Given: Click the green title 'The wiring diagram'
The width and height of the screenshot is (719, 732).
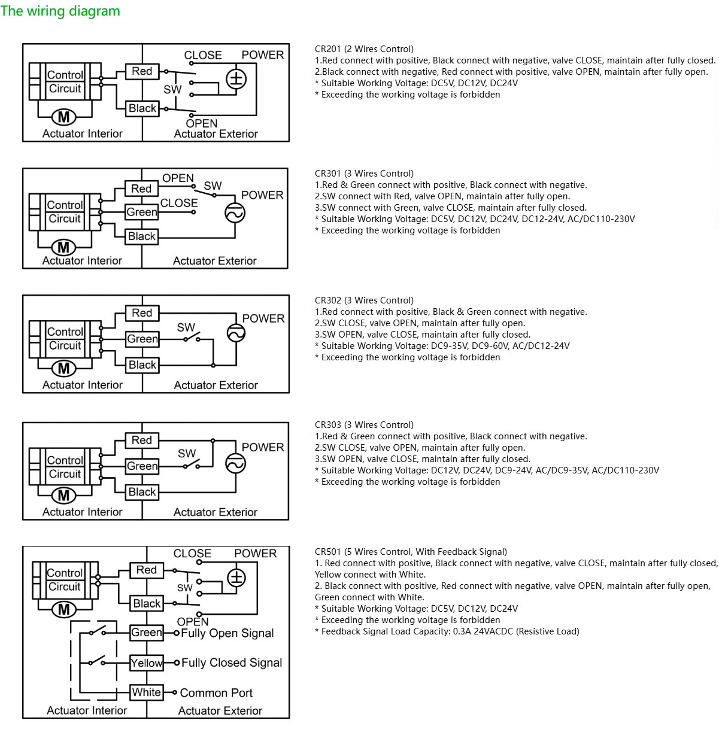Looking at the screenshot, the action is pyautogui.click(x=60, y=11).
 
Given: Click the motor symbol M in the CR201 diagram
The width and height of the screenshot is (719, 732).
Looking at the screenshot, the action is pyautogui.click(x=64, y=117).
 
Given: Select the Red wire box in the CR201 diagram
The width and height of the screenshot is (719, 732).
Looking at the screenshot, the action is pyautogui.click(x=142, y=71).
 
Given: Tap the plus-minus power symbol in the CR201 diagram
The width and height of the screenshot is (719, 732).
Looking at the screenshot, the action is pyautogui.click(x=236, y=80).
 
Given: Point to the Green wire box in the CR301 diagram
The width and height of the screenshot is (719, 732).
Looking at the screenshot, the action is pyautogui.click(x=142, y=212).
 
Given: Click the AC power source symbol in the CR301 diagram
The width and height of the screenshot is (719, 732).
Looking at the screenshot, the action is pyautogui.click(x=235, y=213).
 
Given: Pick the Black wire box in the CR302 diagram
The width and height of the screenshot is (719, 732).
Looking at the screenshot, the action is pyautogui.click(x=142, y=365).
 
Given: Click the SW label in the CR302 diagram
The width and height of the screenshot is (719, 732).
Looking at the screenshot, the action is pyautogui.click(x=186, y=327).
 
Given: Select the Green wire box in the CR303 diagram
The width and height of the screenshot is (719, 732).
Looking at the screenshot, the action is pyautogui.click(x=142, y=466).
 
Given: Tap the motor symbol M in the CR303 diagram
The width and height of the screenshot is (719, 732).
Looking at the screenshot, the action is pyautogui.click(x=64, y=496).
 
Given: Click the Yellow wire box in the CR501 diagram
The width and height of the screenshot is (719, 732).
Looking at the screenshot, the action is pyautogui.click(x=147, y=663).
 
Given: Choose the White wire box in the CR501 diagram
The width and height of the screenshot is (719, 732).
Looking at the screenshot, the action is pyautogui.click(x=147, y=692).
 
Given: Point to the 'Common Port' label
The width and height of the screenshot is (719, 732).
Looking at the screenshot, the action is pyautogui.click(x=216, y=692).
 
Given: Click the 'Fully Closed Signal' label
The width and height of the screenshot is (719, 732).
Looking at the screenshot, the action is pyautogui.click(x=232, y=663).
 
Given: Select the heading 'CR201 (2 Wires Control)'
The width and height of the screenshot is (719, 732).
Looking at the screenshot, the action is pyautogui.click(x=364, y=49).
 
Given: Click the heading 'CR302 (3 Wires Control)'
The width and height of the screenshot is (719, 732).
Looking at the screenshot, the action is pyautogui.click(x=364, y=300).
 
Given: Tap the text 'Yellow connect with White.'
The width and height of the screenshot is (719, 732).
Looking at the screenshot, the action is pyautogui.click(x=370, y=575).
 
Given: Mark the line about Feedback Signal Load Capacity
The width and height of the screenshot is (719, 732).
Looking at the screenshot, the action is pyautogui.click(x=447, y=631).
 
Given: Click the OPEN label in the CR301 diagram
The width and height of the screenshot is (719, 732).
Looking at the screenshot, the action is pyautogui.click(x=178, y=178).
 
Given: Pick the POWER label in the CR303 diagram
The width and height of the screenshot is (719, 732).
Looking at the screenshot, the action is pyautogui.click(x=263, y=447).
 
